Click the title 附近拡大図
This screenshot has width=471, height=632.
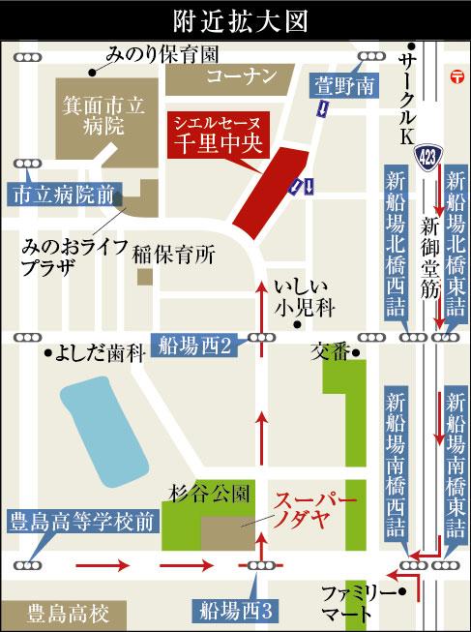click(236, 18)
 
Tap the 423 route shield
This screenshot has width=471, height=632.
click(427, 154)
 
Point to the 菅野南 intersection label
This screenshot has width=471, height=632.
click(339, 85)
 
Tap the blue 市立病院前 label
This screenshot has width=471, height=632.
click(64, 194)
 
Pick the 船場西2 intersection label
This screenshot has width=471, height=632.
click(193, 344)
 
